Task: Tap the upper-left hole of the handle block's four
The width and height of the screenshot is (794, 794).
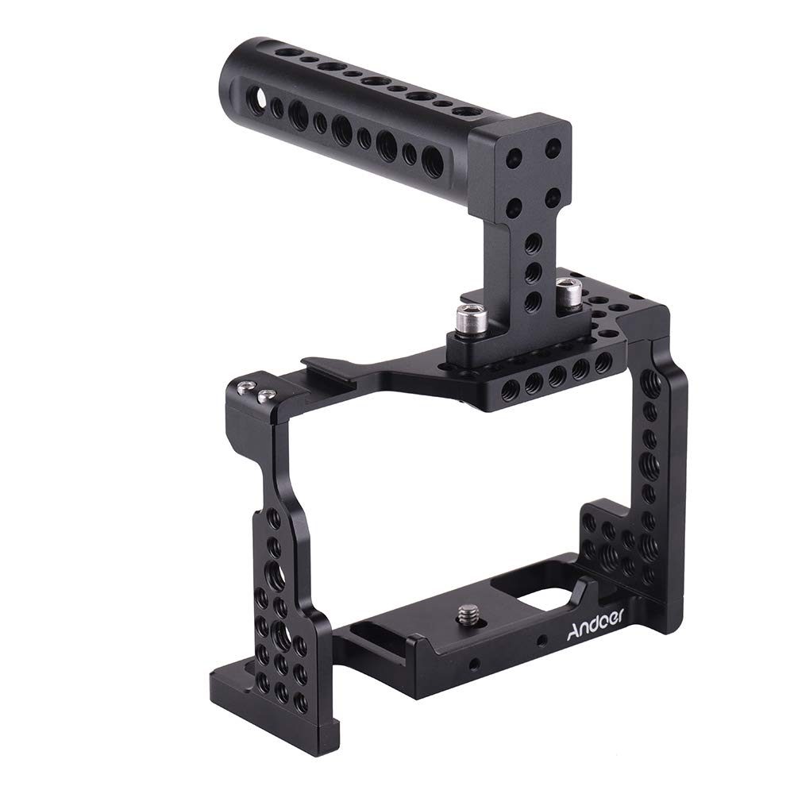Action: pos(515,157)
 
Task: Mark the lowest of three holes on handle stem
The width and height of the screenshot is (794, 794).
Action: pos(534,301)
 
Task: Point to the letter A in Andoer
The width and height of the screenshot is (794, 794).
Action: pos(574,634)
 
